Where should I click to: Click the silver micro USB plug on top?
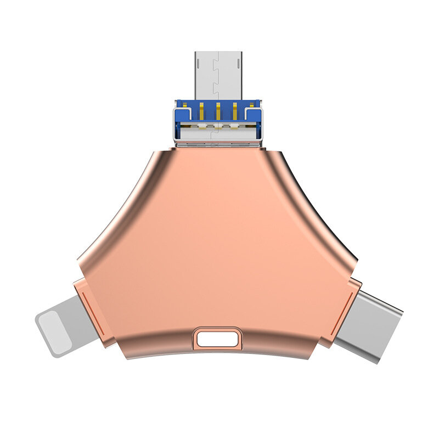[x=218, y=74]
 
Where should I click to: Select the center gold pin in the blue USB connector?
[x=218, y=110]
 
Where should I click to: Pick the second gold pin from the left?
[x=201, y=110]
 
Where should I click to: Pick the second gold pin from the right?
[x=235, y=110]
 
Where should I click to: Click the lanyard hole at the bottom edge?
[x=218, y=339]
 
